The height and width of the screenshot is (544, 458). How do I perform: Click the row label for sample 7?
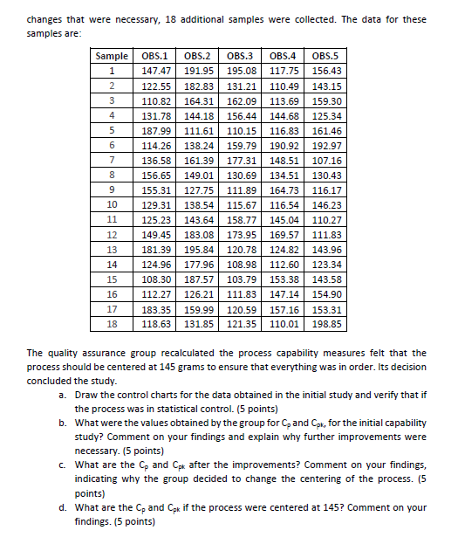(112, 161)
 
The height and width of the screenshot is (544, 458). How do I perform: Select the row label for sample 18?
(112, 322)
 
